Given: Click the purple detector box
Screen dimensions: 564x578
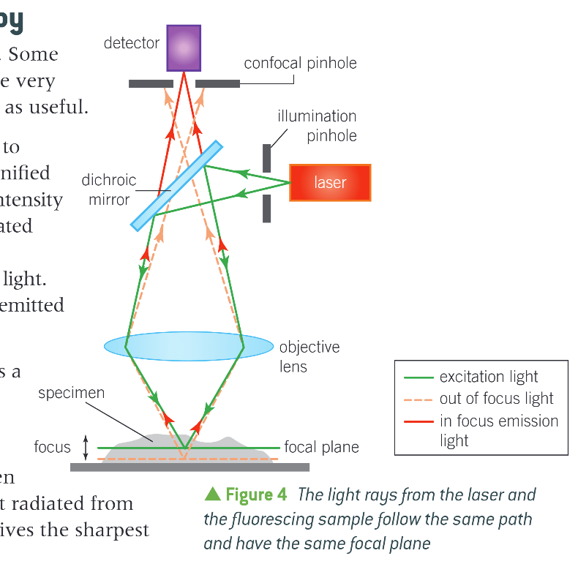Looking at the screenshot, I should (x=184, y=48).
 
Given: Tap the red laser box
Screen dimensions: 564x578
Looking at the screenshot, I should (x=330, y=182).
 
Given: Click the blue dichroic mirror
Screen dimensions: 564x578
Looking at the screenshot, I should (x=176, y=185).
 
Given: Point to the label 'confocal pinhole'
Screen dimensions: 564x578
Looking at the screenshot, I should (x=300, y=63).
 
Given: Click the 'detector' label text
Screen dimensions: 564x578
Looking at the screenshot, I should (x=132, y=43).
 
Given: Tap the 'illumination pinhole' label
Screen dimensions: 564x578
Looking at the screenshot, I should (x=317, y=126).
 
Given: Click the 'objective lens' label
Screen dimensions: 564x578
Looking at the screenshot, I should (x=309, y=356).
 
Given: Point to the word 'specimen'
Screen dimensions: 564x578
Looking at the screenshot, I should (x=71, y=393).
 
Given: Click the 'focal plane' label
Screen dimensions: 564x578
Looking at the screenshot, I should (x=321, y=447).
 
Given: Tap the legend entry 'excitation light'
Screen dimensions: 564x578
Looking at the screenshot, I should (x=489, y=377).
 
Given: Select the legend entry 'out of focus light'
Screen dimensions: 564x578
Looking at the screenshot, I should (x=497, y=399).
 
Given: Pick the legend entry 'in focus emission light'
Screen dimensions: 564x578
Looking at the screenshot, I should (x=498, y=430).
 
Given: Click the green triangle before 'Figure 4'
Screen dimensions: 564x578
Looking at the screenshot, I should (x=213, y=495).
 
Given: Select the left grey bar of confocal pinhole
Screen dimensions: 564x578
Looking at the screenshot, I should (x=150, y=83).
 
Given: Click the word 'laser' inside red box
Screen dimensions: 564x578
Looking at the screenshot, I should (x=330, y=182).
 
